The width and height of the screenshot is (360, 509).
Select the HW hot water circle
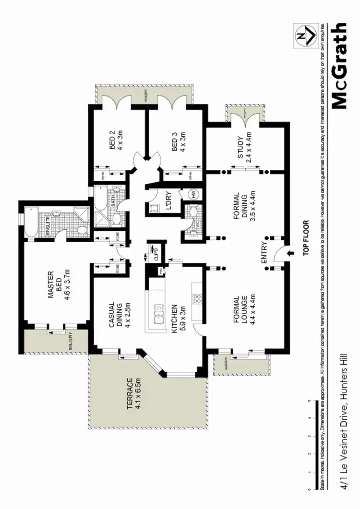click(193, 195)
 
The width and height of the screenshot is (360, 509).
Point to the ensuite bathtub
click(30, 221)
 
